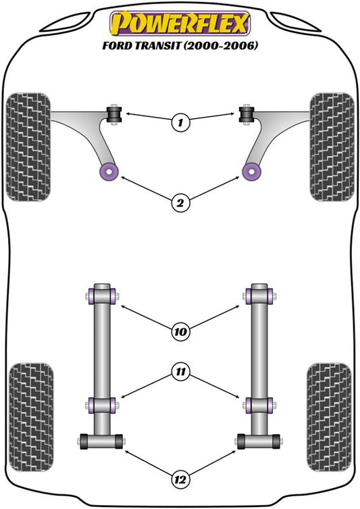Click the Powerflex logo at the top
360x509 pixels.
click(180, 23)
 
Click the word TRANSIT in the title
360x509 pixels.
click(157, 45)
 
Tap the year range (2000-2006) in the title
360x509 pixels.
click(221, 45)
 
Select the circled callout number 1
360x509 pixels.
click(180, 122)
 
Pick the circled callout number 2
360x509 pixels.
click(180, 203)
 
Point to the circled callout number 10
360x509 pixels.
click(180, 331)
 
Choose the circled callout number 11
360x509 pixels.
click(180, 371)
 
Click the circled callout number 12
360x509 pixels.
click(180, 479)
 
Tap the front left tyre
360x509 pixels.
click(28, 147)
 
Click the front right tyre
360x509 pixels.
click(332, 147)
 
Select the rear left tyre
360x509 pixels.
click(31, 417)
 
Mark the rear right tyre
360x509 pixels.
click(329, 417)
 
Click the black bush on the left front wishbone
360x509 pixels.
click(114, 114)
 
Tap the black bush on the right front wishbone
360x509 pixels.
click(247, 114)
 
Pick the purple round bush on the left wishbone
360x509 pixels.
click(109, 172)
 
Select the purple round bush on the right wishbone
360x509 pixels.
click(252, 172)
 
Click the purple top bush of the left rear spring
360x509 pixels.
click(102, 296)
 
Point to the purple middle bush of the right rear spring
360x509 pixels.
click(259, 405)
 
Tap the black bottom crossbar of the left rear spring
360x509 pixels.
click(101, 441)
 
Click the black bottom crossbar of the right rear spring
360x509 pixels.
click(259, 441)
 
